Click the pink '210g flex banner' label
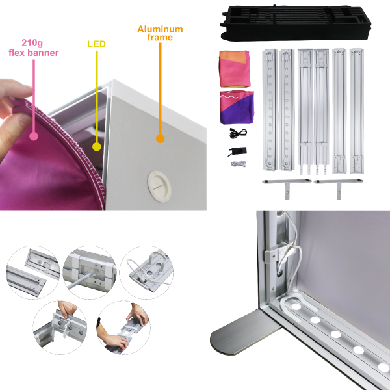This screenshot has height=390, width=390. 33,47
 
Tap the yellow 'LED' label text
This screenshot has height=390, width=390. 96,44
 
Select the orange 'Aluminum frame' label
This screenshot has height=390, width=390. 160,33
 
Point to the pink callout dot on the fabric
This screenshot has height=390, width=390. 34,136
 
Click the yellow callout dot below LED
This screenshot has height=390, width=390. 96,147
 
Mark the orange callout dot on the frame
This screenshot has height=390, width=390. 160,138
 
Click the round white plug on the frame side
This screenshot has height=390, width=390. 160,185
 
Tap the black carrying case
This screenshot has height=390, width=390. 296,23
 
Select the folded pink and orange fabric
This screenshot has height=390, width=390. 235,69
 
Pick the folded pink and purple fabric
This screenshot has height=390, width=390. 237,107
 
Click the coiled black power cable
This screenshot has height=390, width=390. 238,133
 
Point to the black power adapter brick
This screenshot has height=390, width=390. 237,151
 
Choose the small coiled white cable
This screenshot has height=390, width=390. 239,164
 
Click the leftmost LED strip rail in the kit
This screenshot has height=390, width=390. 269,110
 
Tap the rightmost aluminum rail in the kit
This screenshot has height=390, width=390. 357,110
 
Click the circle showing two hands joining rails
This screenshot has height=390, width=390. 123,328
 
